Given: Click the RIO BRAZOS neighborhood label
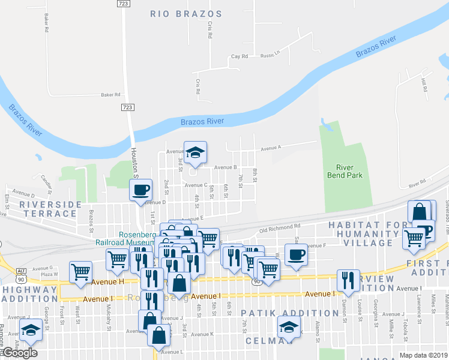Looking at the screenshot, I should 186,14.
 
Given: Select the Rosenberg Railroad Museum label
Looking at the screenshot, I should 124,238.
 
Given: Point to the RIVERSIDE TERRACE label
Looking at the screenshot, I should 50,209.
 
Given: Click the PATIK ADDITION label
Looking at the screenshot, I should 290,313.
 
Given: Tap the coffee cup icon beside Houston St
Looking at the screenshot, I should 141,190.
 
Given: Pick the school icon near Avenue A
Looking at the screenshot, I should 195,152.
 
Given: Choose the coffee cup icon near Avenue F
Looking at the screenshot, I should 295,254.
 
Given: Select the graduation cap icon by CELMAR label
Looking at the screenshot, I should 289,327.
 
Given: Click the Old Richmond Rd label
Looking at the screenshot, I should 280,227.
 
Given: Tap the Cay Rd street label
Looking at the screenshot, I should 240,56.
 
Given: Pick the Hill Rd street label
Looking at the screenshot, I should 424,85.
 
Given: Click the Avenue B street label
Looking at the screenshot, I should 226,167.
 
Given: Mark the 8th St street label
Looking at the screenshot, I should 255,176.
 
